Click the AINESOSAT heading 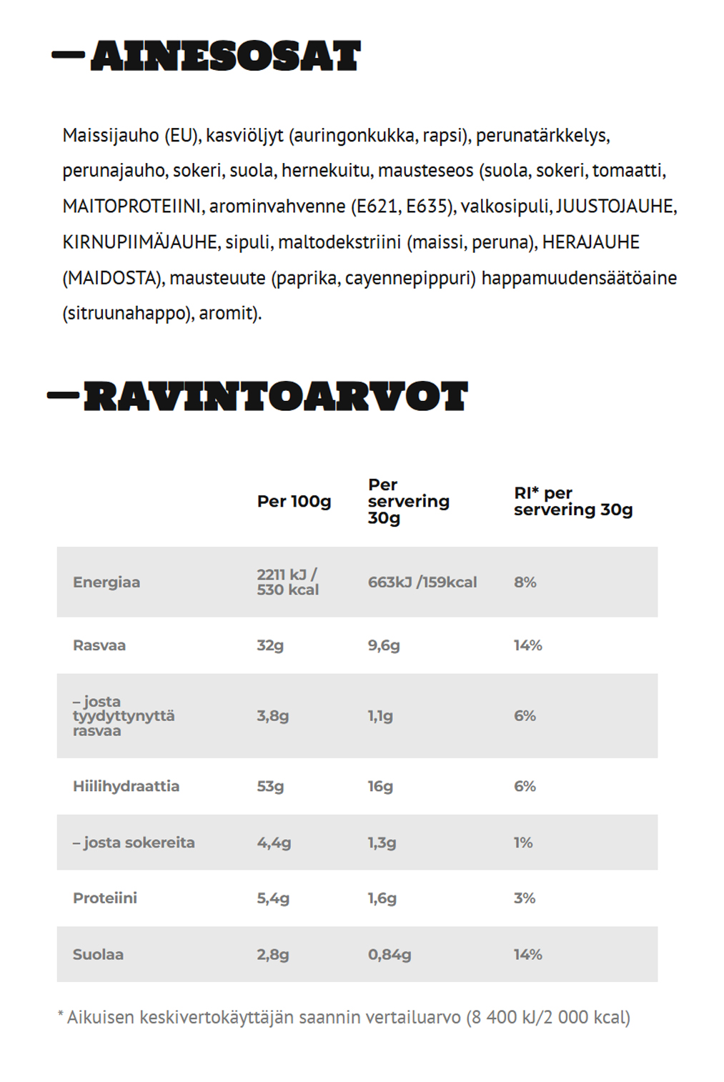coord(225,56)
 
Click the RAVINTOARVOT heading coord(275,397)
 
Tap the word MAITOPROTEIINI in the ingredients coord(132,207)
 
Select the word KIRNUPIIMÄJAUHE coord(140,242)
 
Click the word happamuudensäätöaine coord(579,278)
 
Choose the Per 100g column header coord(294,501)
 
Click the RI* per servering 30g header coord(572,501)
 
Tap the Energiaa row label coord(106,582)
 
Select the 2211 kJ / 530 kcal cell coord(287,582)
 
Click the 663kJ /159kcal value coord(422,582)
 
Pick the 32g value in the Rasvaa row coord(270,645)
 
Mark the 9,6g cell coord(384,645)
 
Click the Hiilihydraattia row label coord(126,786)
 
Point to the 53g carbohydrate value coord(270,786)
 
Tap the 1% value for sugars coord(523,843)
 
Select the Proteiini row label coord(105,898)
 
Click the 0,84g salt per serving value coord(390,954)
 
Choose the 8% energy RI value coord(525,582)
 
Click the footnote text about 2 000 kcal coord(344,1017)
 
